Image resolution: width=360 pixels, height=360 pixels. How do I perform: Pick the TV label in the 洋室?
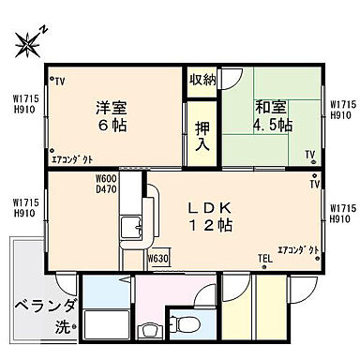(59, 82)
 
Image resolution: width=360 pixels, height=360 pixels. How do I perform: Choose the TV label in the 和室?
(308, 156)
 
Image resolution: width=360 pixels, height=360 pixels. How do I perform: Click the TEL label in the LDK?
(266, 258)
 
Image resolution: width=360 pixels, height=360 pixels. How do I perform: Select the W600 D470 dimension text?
(107, 184)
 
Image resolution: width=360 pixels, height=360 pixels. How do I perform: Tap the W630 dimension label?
(157, 257)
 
